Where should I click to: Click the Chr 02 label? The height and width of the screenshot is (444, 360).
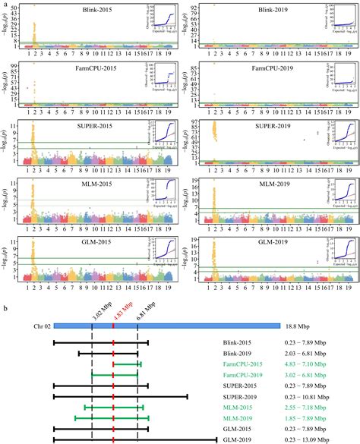43,326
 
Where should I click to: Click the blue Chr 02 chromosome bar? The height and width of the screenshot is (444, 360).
167,326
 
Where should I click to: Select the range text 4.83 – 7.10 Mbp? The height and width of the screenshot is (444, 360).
307,365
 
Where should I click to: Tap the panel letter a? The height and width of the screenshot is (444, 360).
6,5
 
